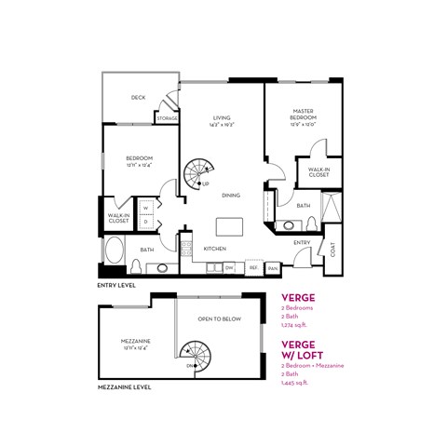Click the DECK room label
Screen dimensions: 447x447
coord(138,97)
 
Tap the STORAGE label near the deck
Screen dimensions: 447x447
coord(168,118)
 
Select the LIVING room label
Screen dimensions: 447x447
coord(222,118)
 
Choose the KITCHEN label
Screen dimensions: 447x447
coord(216,250)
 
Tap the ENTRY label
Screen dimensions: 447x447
coord(302,242)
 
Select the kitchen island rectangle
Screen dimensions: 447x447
coord(229,227)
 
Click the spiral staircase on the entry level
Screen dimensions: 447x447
coord(197,171)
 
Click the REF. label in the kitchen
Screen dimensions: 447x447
coord(252,268)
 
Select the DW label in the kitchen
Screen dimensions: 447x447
coord(229,268)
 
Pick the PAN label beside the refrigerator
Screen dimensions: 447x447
coord(273,268)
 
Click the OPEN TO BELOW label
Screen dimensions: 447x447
coord(219,318)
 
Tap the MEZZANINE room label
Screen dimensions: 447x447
coord(136,342)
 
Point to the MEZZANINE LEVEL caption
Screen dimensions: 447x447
coord(127,386)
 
